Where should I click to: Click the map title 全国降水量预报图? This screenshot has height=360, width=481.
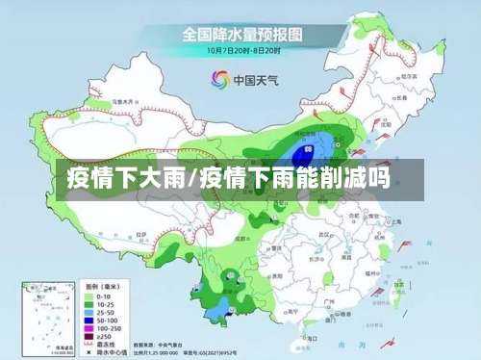[x=240, y=35]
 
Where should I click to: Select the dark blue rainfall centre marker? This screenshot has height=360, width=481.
[x=308, y=149]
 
